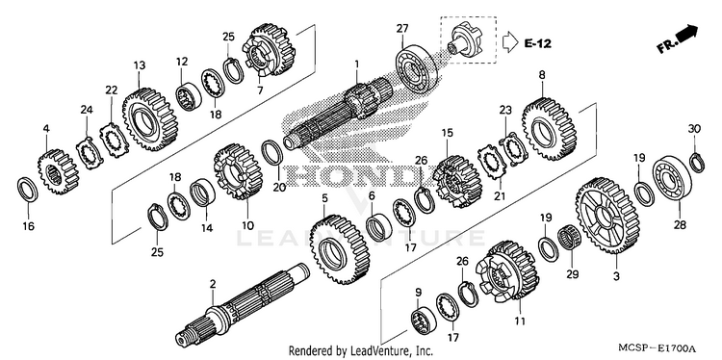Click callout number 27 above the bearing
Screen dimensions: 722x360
pos(402,29)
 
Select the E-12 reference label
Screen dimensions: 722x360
pos(537,43)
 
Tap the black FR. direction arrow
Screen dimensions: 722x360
pos(687,33)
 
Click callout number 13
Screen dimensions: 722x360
pos(139,65)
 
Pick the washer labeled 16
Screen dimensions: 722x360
pos(27,189)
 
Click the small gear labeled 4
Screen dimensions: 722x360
pos(58,170)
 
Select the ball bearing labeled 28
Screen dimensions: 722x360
pos(672,179)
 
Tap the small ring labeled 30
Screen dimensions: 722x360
pos(697,162)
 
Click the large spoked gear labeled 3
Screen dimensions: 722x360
pos(605,216)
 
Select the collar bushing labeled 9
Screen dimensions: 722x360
pos(424,319)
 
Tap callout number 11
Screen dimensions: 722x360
pos(520,321)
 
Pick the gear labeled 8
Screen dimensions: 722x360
pos(550,130)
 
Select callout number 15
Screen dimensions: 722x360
pos(447,134)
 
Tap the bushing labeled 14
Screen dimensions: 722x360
pos(202,193)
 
